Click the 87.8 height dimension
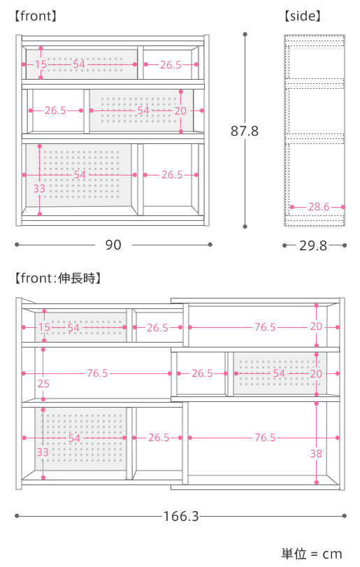pyautogui.click(x=245, y=131)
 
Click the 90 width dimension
pyautogui.click(x=113, y=245)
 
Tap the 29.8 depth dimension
pyautogui.click(x=313, y=245)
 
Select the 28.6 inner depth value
pyautogui.click(x=319, y=207)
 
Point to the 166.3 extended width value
pyautogui.click(x=181, y=516)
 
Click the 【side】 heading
pyautogui.click(x=303, y=16)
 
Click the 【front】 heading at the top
pyautogui.click(x=36, y=16)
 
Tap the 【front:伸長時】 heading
pyautogui.click(x=58, y=278)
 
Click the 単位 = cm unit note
pyautogui.click(x=312, y=554)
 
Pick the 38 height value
pyautogui.click(x=316, y=454)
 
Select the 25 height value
pyautogui.click(x=43, y=384)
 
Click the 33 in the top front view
pyautogui.click(x=39, y=188)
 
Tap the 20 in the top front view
pyautogui.click(x=180, y=110)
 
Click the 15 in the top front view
pyautogui.click(x=41, y=64)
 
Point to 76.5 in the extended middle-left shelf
pyautogui.click(x=97, y=373)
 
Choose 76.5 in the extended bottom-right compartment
pyautogui.click(x=265, y=438)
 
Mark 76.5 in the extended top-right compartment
pyautogui.click(x=265, y=327)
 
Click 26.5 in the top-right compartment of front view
pyautogui.click(x=171, y=65)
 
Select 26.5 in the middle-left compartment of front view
pyautogui.click(x=55, y=110)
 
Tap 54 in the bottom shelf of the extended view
pyautogui.click(x=74, y=438)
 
